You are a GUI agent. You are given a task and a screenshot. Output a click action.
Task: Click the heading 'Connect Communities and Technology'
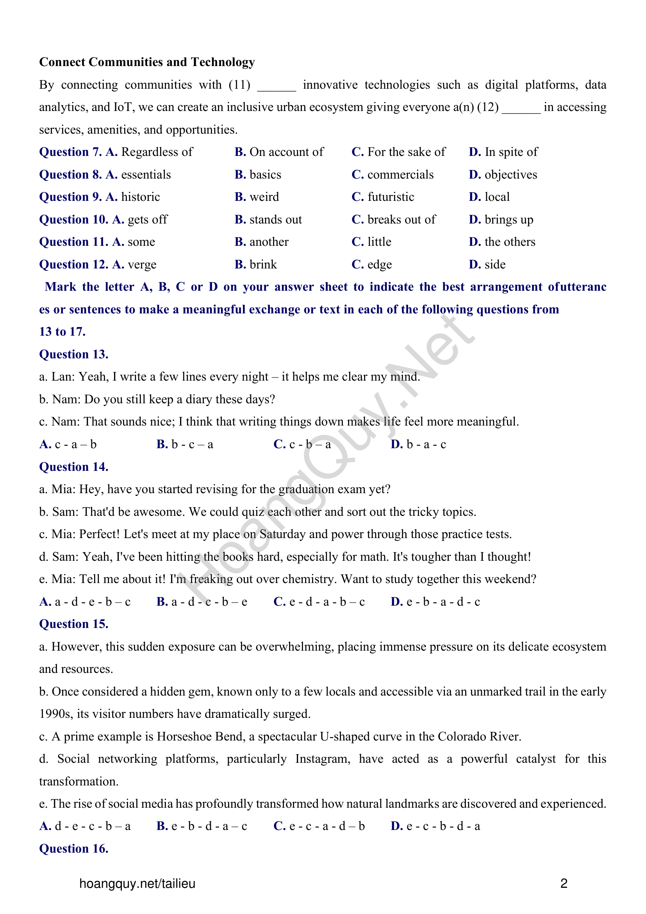coord(147,62)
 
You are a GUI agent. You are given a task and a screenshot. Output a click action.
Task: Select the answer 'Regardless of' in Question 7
coord(157,152)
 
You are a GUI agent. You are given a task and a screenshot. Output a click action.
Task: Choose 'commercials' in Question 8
coord(400,175)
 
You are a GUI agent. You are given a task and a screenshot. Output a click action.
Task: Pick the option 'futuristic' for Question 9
coord(391,197)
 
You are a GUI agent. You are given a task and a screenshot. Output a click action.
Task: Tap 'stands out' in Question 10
coord(275,220)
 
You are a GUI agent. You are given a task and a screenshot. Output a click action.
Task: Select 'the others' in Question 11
coord(510,242)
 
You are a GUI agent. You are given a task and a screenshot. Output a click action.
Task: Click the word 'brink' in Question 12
coord(263,265)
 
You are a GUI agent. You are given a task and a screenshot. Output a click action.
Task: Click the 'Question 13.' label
coord(73,354)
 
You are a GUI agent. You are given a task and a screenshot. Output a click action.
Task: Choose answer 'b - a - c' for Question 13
coord(426,445)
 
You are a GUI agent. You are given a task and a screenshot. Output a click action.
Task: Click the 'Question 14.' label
coord(73,467)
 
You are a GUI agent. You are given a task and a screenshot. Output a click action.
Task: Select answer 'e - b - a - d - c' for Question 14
coord(443,602)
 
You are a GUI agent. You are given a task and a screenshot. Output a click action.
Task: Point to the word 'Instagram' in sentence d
coord(322,759)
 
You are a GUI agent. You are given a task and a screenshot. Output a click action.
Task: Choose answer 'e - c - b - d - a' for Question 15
coord(443,826)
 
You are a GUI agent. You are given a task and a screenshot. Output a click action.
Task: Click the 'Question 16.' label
coord(73,849)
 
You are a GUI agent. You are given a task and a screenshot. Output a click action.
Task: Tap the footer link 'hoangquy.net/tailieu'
coord(137,884)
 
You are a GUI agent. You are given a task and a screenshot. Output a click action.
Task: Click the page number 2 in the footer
coord(564,884)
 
